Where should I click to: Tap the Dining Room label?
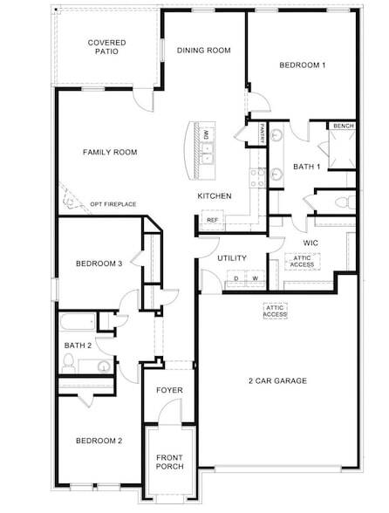(203, 51)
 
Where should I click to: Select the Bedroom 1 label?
(302, 65)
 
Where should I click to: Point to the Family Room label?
(110, 153)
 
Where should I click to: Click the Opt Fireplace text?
(113, 204)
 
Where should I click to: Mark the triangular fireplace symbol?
(67, 200)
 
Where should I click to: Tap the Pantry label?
(261, 135)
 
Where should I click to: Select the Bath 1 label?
(306, 167)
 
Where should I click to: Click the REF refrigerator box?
(211, 220)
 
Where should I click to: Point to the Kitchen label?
(214, 196)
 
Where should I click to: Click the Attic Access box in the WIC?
(302, 260)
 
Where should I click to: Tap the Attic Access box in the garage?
(275, 311)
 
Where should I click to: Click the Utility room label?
(232, 258)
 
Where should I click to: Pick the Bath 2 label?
(78, 345)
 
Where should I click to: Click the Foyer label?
(168, 390)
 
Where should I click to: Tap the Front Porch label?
(169, 462)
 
